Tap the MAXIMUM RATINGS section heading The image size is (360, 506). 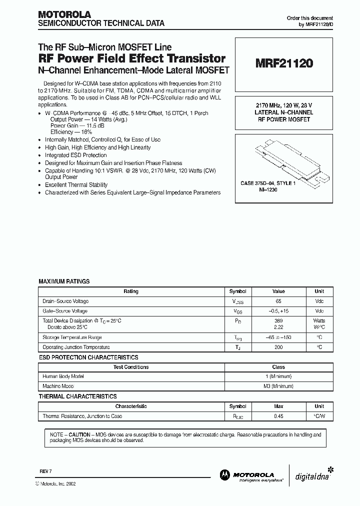pos(64,281)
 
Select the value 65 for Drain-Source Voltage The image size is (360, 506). pos(278,301)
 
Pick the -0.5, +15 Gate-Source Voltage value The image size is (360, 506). pos(278,310)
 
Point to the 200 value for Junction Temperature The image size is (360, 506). pos(278,347)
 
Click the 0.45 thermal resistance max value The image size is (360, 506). pos(278,416)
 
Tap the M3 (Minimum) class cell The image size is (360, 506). pos(278,385)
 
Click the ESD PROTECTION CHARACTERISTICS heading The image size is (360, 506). pos(88,357)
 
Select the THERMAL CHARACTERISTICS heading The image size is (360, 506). pos(77,396)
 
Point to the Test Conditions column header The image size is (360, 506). pos(131,367)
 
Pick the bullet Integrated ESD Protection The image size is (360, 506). pos(75,155)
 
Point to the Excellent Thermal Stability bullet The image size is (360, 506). pos(76,185)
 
